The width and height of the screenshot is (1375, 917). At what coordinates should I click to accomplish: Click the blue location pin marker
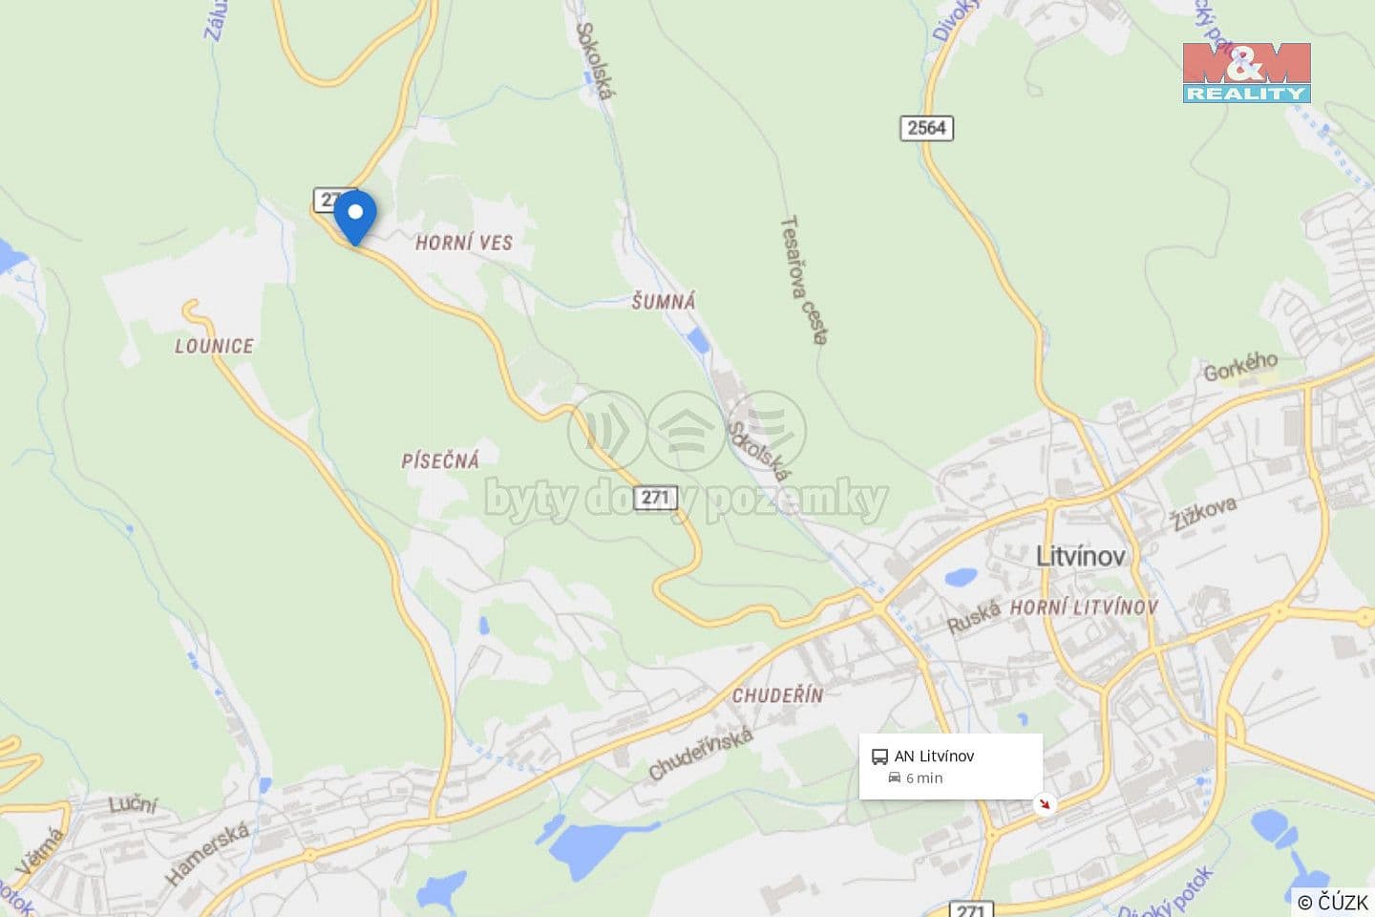click(354, 215)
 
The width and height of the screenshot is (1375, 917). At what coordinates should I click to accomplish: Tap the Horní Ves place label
click(464, 243)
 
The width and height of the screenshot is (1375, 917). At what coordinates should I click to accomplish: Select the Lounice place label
click(214, 346)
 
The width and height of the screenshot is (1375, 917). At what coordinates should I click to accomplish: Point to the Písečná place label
click(440, 460)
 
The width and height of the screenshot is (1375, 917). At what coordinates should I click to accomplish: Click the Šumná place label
click(664, 302)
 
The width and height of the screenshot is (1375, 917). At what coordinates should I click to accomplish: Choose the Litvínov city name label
click(1081, 556)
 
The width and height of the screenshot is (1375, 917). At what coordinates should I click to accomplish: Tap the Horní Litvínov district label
click(1084, 608)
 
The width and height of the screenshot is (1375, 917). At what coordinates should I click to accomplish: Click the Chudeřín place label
click(777, 695)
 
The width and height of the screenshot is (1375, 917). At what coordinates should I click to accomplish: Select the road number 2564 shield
click(926, 128)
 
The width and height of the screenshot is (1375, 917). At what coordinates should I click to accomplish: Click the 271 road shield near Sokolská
click(656, 498)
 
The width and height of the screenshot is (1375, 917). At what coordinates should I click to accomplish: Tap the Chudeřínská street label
click(701, 754)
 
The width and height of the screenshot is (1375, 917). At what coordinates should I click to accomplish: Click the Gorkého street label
click(1240, 366)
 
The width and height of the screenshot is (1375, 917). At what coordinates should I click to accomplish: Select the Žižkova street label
click(1205, 513)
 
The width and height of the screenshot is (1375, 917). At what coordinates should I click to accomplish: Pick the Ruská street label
click(974, 618)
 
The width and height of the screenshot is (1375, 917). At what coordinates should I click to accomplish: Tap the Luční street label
click(133, 804)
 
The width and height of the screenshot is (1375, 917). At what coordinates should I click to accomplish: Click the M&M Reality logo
click(1246, 73)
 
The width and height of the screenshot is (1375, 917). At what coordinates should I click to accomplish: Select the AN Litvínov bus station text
click(934, 757)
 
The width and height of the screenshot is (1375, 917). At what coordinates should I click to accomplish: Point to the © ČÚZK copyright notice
click(1333, 902)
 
